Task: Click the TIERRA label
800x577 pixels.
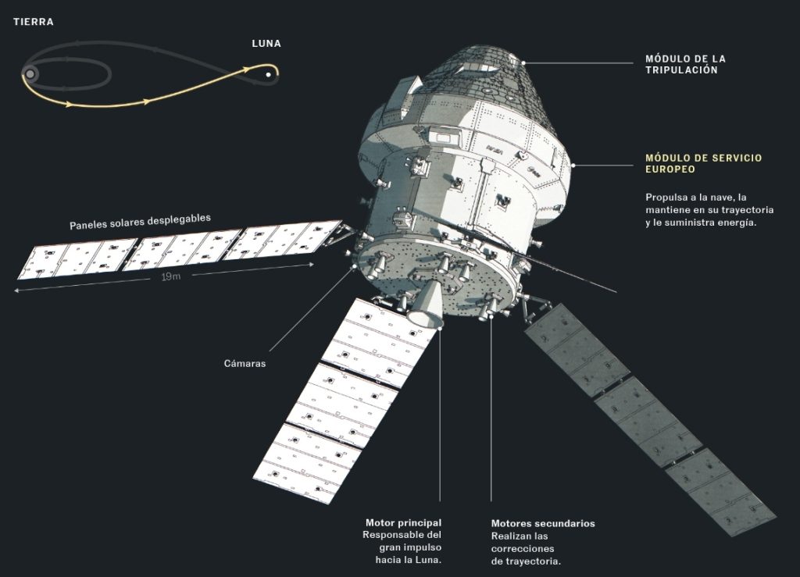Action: pyautogui.click(x=33, y=22)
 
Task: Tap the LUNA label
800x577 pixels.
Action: pyautogui.click(x=266, y=44)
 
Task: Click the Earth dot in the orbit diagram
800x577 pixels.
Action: pyautogui.click(x=30, y=74)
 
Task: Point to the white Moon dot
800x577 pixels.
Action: pyautogui.click(x=269, y=75)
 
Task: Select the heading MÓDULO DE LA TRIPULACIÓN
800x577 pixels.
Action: pyautogui.click(x=685, y=65)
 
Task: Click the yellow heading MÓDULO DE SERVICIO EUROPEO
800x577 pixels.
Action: pyautogui.click(x=704, y=164)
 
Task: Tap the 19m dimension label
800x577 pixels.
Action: pyautogui.click(x=171, y=276)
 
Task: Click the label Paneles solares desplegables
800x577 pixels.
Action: pyautogui.click(x=141, y=222)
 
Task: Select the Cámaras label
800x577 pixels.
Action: pyautogui.click(x=245, y=363)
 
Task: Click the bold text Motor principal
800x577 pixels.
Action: pyautogui.click(x=404, y=522)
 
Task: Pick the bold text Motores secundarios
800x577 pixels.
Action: pyautogui.click(x=543, y=523)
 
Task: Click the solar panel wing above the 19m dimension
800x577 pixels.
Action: pyautogui.click(x=179, y=250)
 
